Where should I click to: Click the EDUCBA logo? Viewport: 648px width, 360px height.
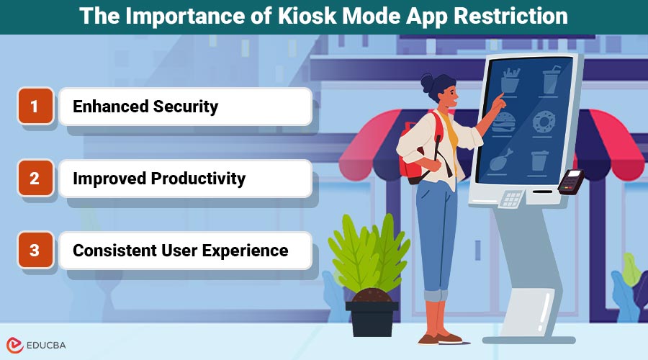pyautogui.click(x=35, y=345)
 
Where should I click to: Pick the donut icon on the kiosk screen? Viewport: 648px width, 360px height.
pyautogui.click(x=542, y=123)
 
